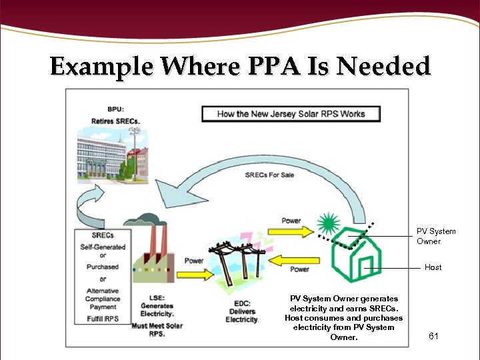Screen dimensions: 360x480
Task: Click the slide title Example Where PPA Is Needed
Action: [x=240, y=67]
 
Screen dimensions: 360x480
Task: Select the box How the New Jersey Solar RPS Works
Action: [x=291, y=113]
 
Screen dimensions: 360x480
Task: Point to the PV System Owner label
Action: [x=436, y=236]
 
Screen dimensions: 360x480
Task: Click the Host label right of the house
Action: [x=433, y=267]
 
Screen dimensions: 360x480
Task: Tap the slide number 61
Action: [x=433, y=336]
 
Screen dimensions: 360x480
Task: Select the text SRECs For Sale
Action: [x=269, y=175]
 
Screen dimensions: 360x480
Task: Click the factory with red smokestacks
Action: [x=152, y=250]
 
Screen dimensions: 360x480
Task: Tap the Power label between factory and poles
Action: [x=194, y=261]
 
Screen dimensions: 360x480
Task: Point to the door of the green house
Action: [x=367, y=269]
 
